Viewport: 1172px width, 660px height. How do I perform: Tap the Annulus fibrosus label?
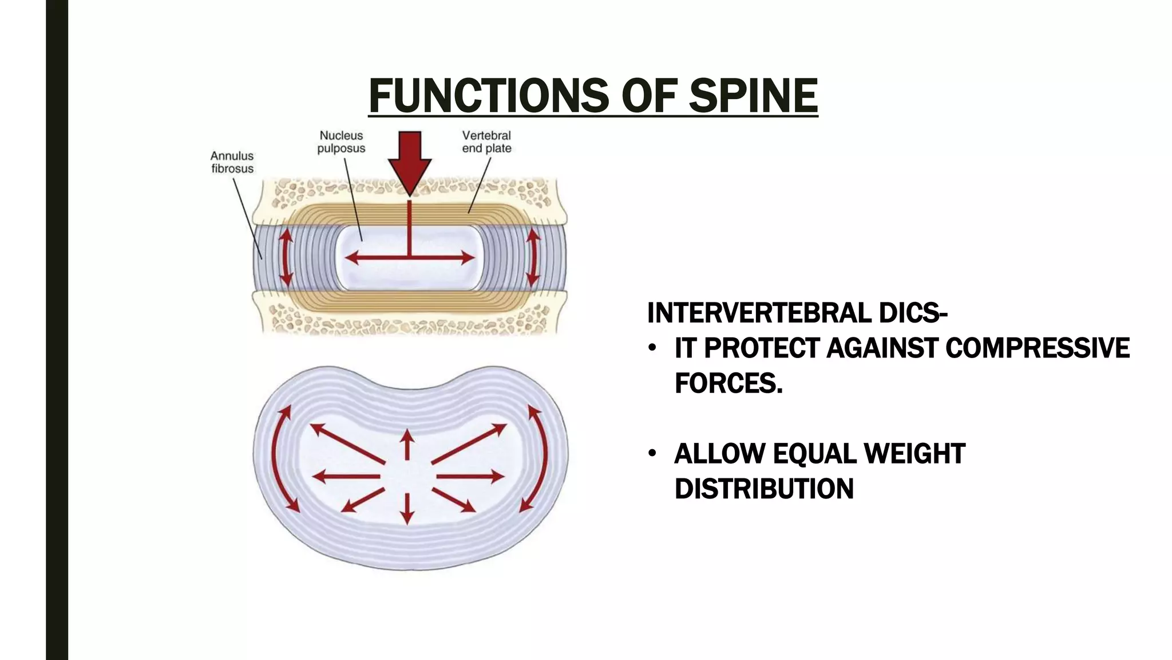click(x=232, y=162)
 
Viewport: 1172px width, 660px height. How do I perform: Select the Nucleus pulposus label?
click(x=341, y=142)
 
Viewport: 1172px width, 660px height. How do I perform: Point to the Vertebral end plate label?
click(x=486, y=142)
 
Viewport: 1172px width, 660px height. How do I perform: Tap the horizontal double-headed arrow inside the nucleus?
click(x=410, y=258)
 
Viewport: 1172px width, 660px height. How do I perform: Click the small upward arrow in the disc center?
click(x=407, y=445)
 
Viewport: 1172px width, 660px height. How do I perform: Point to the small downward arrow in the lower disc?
click(x=407, y=508)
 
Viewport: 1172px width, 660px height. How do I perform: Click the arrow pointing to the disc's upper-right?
click(x=469, y=443)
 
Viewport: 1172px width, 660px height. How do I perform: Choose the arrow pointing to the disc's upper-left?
click(x=347, y=443)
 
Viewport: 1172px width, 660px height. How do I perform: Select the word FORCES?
click(x=728, y=383)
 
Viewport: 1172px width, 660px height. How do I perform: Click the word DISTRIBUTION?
click(x=764, y=489)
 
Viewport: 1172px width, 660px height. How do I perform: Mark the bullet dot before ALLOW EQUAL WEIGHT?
click(x=652, y=454)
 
